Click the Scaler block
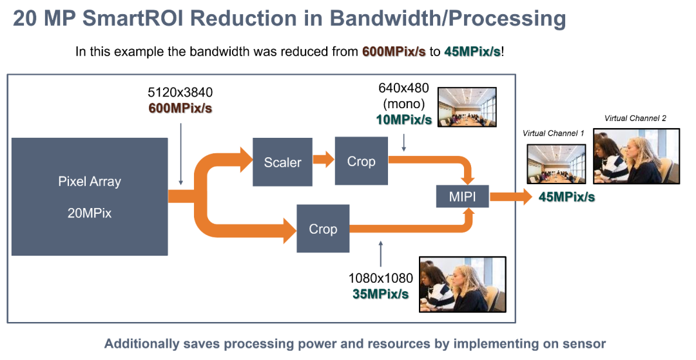[x=282, y=162]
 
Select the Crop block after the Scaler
[x=361, y=161]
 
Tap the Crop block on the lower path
[x=323, y=229]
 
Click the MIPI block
[x=462, y=196]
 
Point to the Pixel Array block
[x=90, y=196]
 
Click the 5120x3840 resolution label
[x=180, y=92]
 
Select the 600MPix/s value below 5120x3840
[x=180, y=108]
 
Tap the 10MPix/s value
[x=403, y=119]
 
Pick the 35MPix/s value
[x=381, y=294]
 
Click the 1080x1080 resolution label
[x=381, y=278]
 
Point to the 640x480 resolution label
[x=403, y=89]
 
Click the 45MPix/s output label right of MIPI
[x=566, y=197]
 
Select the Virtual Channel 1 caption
[x=554, y=133]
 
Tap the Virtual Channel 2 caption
[x=635, y=118]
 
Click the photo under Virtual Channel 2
[x=636, y=156]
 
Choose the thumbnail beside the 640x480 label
[x=467, y=106]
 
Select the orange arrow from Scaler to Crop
[x=323, y=158]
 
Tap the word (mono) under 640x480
[x=403, y=104]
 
